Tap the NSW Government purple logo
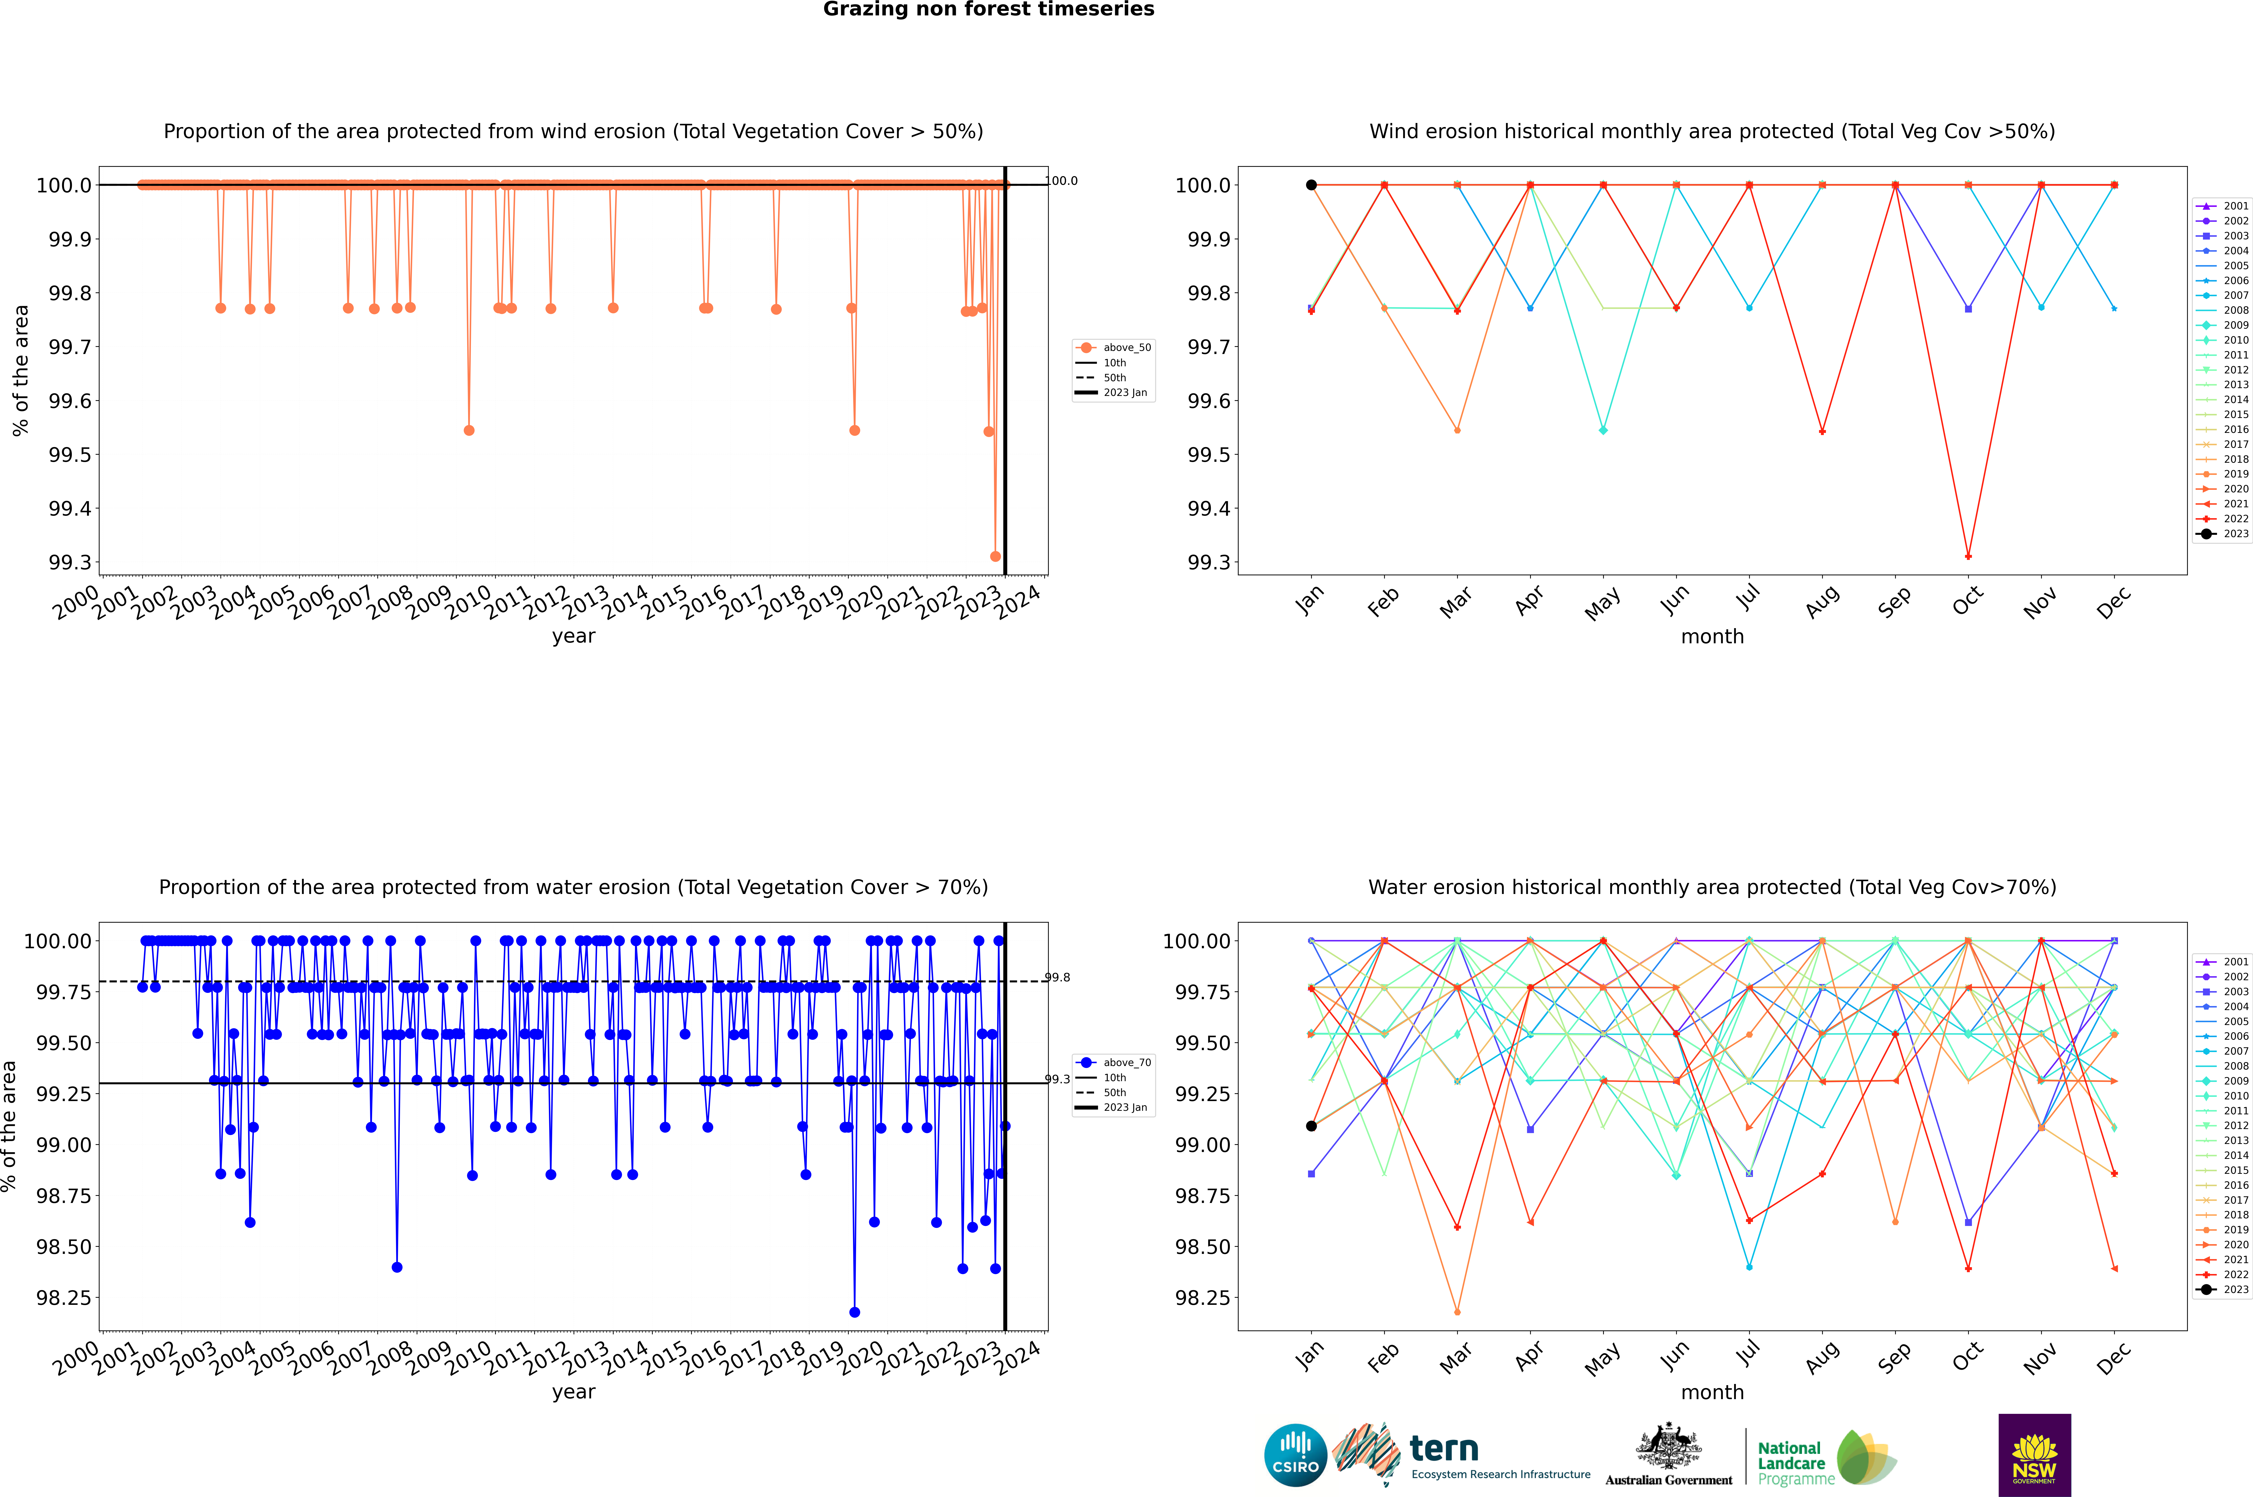(x=2034, y=1455)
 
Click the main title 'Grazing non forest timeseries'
(x=989, y=9)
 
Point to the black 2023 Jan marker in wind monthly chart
(x=1311, y=185)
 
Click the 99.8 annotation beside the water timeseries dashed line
(x=1057, y=978)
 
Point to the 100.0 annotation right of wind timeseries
(x=1062, y=181)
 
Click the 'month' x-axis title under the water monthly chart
(x=1712, y=1392)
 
